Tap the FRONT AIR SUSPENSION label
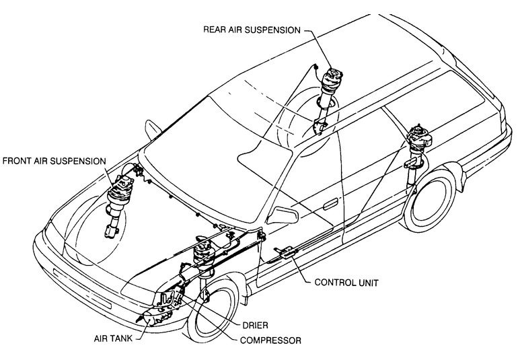(x=54, y=161)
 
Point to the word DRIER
(x=257, y=324)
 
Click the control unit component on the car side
(x=285, y=253)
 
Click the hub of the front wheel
(x=214, y=316)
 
